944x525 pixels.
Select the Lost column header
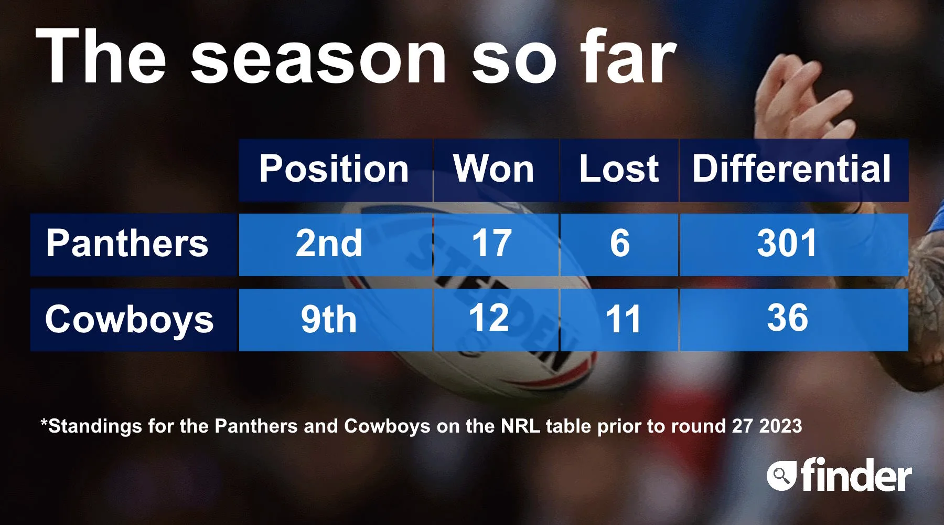619,170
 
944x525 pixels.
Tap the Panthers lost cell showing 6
619,245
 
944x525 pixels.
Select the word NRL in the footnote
520,426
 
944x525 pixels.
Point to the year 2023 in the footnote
781,426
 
